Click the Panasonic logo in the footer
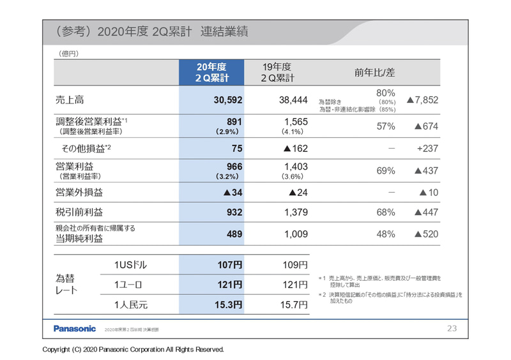[74, 329]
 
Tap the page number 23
[452, 329]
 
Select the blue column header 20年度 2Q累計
[211, 73]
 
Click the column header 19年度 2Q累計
[278, 73]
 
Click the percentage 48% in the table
[386, 234]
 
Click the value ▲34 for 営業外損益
[231, 191]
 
